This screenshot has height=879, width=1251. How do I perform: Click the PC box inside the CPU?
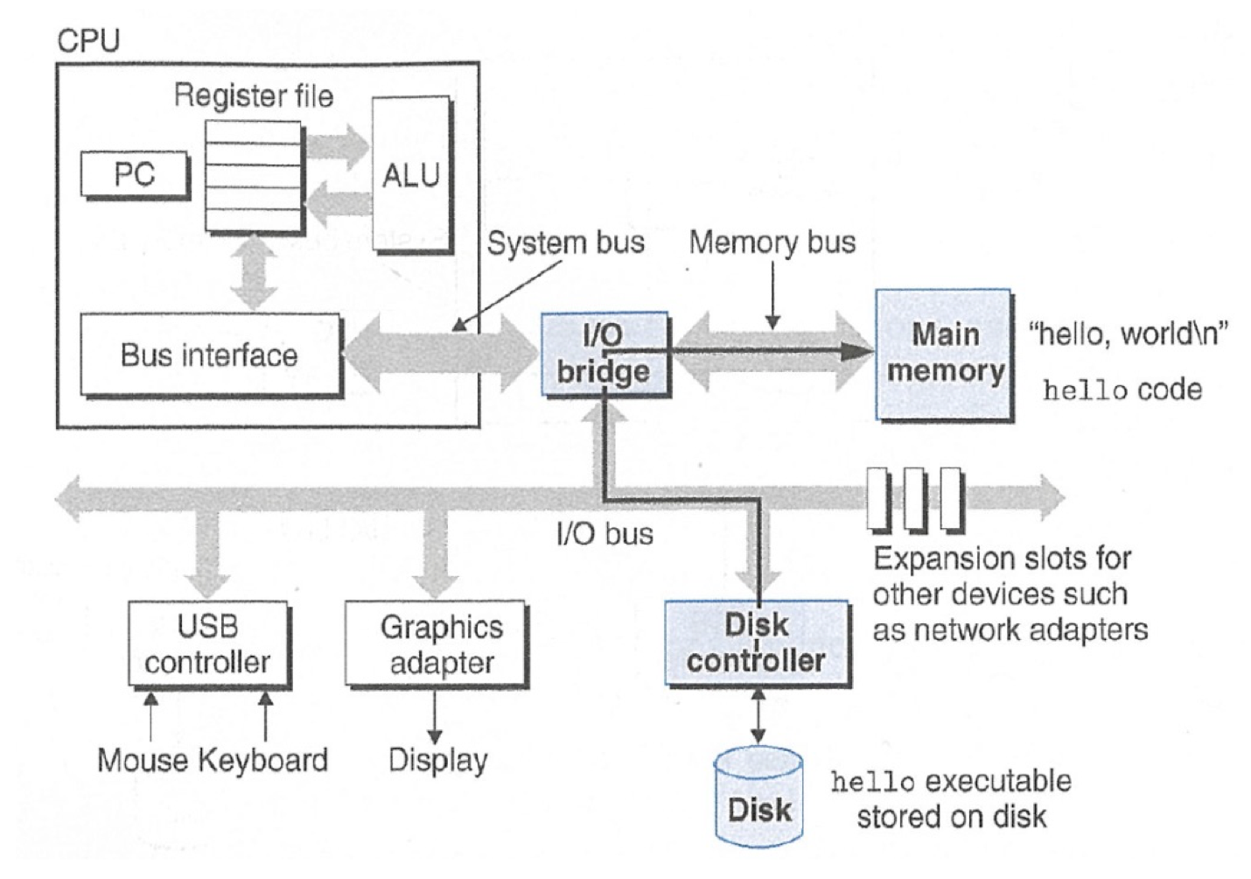coord(134,174)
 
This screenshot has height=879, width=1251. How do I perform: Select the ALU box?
coord(411,175)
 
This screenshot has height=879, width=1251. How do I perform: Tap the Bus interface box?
coord(209,355)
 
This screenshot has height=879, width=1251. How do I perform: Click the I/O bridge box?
coord(604,354)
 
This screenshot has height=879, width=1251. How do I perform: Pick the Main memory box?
coord(945,354)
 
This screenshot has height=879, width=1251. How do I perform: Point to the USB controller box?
coord(207,643)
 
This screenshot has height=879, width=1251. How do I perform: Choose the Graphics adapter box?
coord(436,643)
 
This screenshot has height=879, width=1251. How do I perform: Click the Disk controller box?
coord(757,643)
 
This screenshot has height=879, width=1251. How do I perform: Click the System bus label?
coord(565,243)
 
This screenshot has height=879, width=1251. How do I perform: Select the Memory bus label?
coord(772,242)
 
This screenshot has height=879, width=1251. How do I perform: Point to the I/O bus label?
coord(605,533)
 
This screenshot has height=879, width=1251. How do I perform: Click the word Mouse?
coord(143,759)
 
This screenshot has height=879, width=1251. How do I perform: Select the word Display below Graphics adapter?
coord(437,759)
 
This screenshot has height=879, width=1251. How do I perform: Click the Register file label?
coord(253,95)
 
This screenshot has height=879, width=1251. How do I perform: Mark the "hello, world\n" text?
coord(1129,333)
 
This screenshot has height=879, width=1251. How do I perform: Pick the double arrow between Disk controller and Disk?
coord(758,716)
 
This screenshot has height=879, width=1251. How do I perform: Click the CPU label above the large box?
coord(87,40)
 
